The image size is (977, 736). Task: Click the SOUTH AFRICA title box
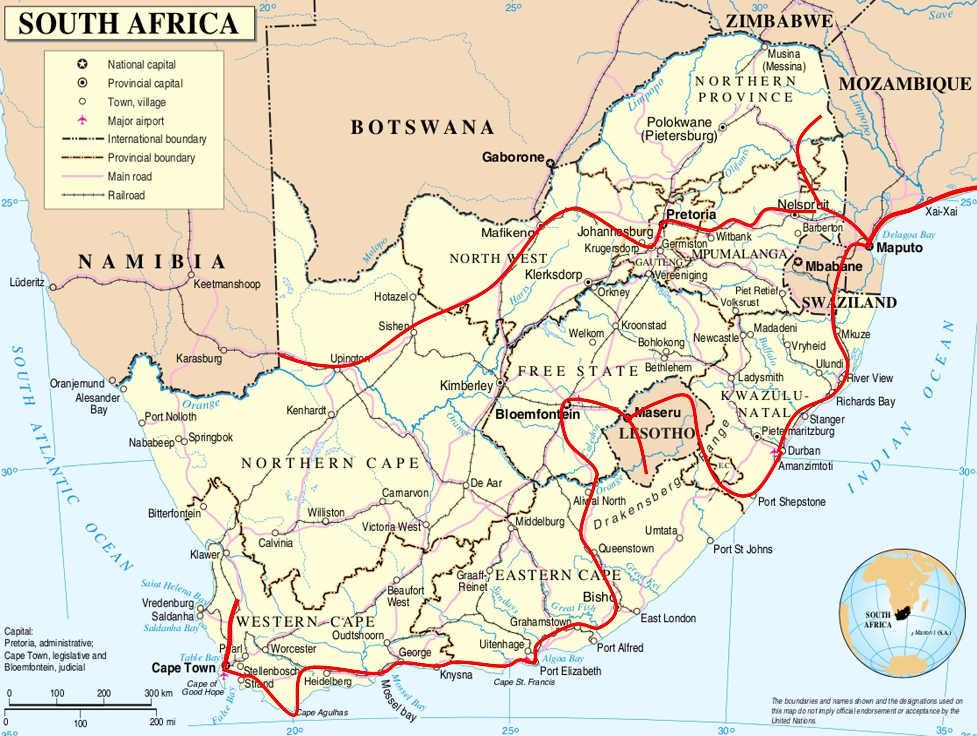click(x=129, y=23)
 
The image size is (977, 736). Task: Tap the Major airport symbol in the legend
click(x=82, y=120)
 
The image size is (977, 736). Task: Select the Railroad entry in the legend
click(x=126, y=195)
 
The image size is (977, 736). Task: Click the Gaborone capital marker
click(x=550, y=163)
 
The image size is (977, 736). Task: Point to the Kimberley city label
click(x=466, y=386)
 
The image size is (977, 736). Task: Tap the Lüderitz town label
click(x=27, y=282)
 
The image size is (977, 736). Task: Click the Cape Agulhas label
click(x=322, y=712)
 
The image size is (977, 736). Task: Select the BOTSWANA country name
click(x=422, y=127)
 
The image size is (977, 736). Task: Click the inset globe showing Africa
click(x=902, y=613)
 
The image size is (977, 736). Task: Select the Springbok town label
click(x=210, y=437)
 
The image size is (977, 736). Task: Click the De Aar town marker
click(x=465, y=485)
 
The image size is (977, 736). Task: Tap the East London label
click(x=668, y=618)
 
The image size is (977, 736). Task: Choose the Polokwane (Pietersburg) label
click(x=679, y=129)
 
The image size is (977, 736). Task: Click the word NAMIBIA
click(x=152, y=262)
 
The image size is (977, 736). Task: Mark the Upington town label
click(x=350, y=358)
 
